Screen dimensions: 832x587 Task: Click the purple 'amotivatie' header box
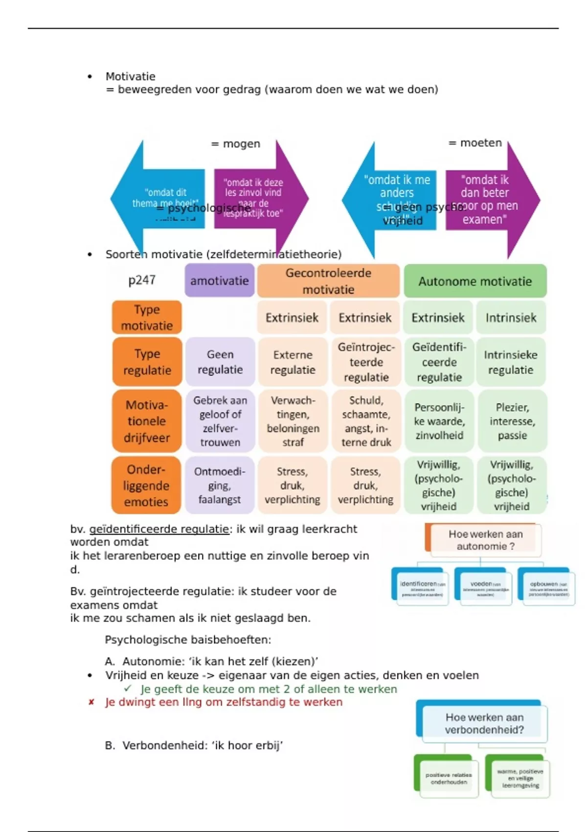tap(219, 280)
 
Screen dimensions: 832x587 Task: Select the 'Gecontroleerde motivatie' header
tap(328, 281)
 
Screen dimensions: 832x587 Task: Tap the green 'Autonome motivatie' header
tap(474, 281)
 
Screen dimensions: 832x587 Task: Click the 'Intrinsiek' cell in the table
tap(511, 318)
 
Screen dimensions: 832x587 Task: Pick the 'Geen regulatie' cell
tap(220, 362)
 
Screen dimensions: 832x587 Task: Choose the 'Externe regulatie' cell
tap(293, 362)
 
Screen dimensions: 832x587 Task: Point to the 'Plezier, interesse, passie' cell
tap(512, 421)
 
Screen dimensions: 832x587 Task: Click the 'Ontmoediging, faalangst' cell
tap(220, 485)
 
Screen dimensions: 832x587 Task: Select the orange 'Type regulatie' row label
tap(147, 362)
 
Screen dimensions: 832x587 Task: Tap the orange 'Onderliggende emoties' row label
tap(146, 485)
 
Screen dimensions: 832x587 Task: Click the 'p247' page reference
tap(142, 280)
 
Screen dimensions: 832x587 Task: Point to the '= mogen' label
tap(236, 144)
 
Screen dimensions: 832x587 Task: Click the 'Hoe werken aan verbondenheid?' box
tap(484, 723)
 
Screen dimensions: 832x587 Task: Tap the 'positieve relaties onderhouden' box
tap(448, 778)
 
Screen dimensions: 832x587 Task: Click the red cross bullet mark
tap(91, 702)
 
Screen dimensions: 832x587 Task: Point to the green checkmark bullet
tap(128, 689)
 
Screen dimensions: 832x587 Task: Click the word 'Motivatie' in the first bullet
tap(131, 76)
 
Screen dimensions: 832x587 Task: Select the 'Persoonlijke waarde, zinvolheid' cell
tap(439, 421)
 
